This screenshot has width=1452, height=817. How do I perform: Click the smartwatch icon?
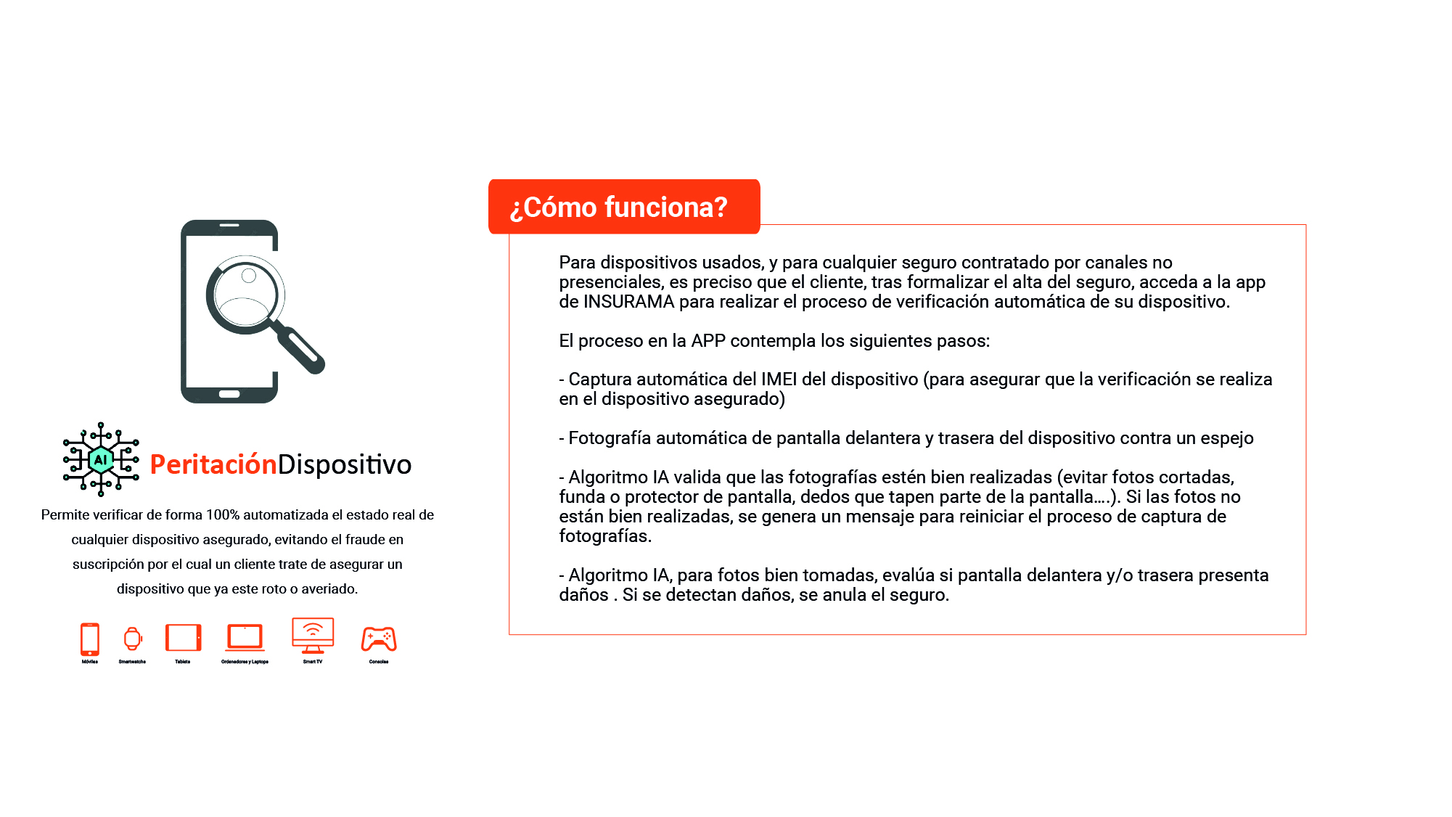(x=132, y=639)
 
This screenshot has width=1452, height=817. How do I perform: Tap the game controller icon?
(x=379, y=639)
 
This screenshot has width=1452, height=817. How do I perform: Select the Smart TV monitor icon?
(x=313, y=635)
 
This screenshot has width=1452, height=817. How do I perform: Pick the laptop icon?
(x=245, y=637)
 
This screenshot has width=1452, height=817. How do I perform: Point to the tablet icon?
(x=183, y=638)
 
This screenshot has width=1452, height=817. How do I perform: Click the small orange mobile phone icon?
(x=90, y=639)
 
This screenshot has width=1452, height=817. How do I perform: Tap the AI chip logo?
(x=101, y=459)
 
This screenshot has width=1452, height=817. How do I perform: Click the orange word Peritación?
(x=213, y=464)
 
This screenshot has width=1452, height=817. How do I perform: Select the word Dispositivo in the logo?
(x=345, y=464)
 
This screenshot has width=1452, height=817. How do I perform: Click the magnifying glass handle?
(x=301, y=349)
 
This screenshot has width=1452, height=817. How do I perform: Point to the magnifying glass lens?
(x=245, y=295)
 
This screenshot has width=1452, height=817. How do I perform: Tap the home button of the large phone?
(x=229, y=394)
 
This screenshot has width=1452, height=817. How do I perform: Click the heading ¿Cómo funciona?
(x=619, y=208)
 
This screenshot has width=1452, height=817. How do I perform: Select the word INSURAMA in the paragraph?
(x=628, y=302)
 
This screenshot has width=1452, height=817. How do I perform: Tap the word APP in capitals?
(x=708, y=341)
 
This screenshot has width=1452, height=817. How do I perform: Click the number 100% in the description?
(x=223, y=515)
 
